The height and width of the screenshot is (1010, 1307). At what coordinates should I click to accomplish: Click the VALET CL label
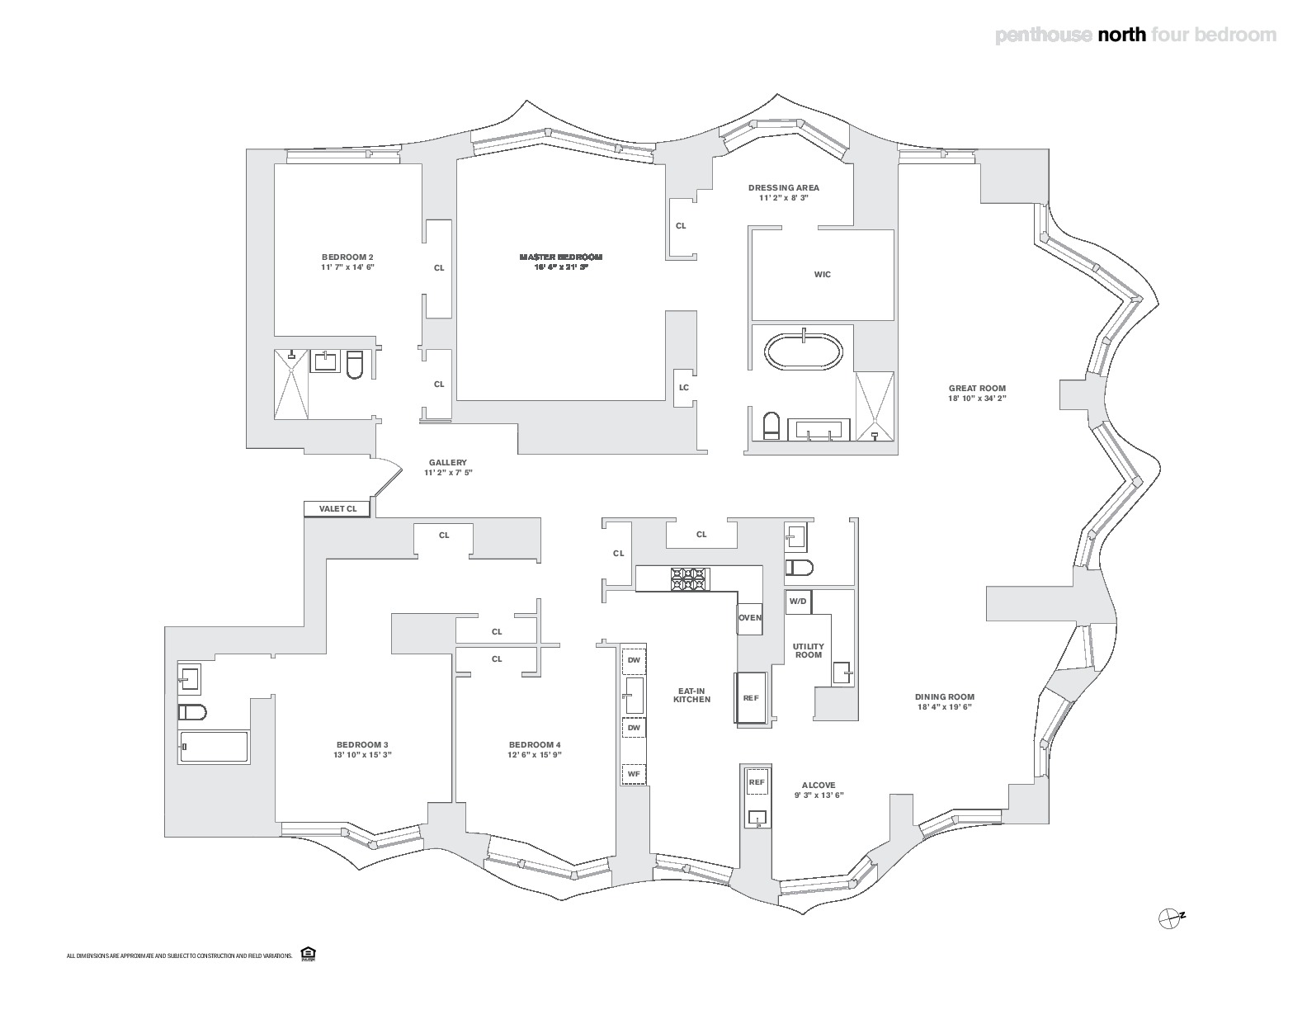pos(338,509)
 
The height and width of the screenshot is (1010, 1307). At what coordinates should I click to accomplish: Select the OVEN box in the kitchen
pos(750,618)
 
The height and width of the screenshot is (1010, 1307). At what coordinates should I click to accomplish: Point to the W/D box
pos(798,602)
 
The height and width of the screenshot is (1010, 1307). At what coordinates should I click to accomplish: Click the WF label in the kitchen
pos(634,775)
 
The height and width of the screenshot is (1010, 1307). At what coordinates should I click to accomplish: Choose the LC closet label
pos(684,388)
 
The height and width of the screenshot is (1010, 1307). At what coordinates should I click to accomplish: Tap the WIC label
pos(823,275)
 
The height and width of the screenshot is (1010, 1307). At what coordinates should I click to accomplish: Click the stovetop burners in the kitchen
pos(689,578)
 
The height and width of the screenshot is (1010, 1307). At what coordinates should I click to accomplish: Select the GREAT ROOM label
pos(977,389)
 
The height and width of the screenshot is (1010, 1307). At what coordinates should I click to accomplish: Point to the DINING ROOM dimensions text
pos(945,707)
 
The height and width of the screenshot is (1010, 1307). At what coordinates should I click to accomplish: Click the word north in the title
pos(1121,35)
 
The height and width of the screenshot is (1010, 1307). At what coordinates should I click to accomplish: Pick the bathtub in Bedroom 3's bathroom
pos(215,747)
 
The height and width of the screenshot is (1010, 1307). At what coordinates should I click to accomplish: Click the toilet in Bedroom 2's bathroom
pos(355,365)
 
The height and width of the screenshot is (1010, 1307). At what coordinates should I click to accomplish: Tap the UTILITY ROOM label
pos(809,650)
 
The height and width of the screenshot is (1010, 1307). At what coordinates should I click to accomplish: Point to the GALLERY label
pos(448,463)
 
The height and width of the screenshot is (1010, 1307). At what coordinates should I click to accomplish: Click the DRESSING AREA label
pos(783,187)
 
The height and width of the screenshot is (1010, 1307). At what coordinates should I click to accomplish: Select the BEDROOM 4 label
pos(535,743)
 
